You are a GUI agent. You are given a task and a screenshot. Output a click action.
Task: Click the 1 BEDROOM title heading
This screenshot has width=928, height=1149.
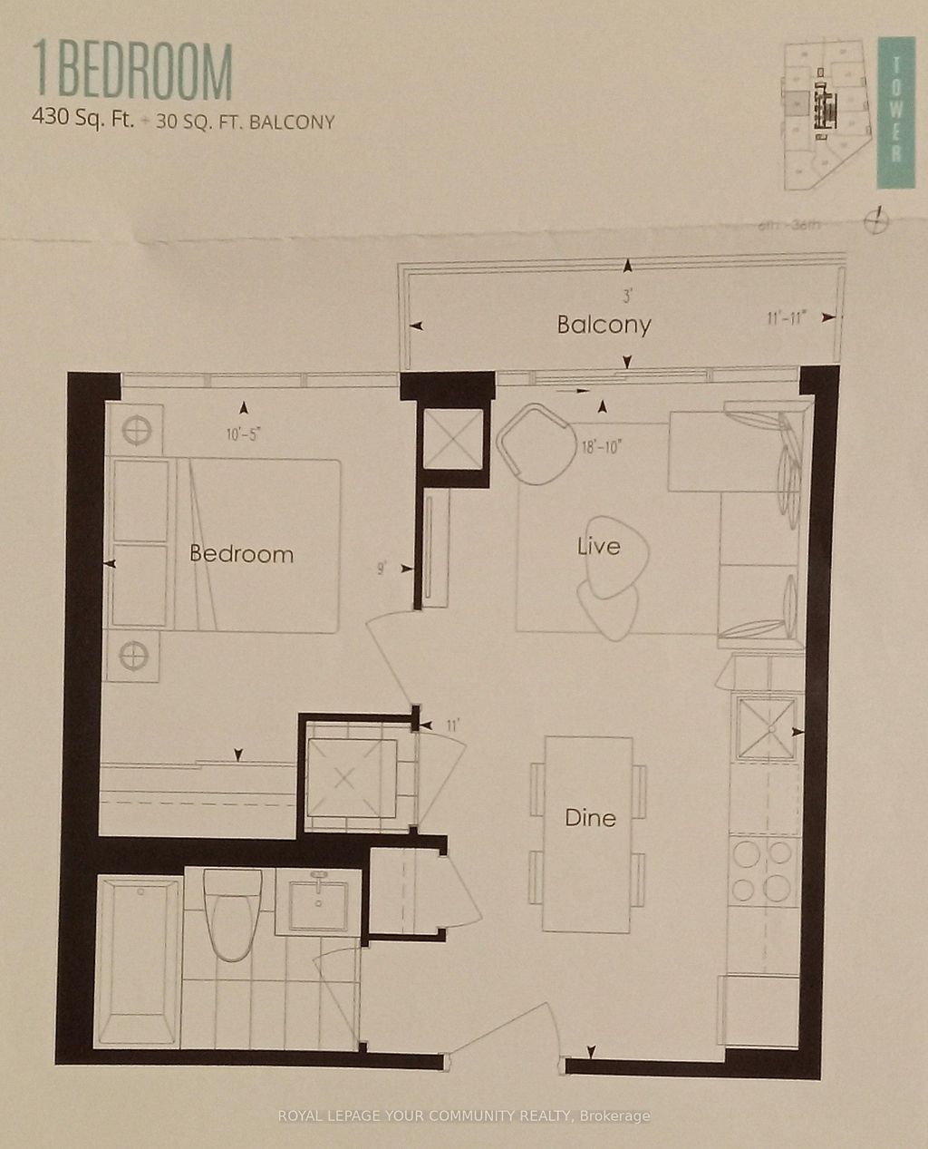point(133,73)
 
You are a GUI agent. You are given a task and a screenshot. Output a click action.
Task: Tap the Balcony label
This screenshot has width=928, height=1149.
point(604,325)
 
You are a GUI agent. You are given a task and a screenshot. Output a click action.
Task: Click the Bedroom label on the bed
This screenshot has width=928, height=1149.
point(241,554)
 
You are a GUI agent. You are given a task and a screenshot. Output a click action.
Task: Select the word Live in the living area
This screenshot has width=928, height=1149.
point(599,546)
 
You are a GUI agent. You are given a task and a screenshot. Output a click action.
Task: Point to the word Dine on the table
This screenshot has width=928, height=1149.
point(590,818)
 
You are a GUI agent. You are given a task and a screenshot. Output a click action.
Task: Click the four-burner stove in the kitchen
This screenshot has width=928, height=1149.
point(764,871)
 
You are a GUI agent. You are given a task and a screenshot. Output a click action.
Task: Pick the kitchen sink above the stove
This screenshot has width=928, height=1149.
point(766,727)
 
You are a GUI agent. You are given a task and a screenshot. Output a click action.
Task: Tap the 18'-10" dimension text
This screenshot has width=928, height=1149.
point(602,447)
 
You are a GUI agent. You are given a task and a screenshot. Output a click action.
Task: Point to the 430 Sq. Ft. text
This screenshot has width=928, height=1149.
point(82,119)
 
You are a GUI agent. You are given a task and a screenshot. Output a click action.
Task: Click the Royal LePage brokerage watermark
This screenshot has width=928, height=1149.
point(464,1116)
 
